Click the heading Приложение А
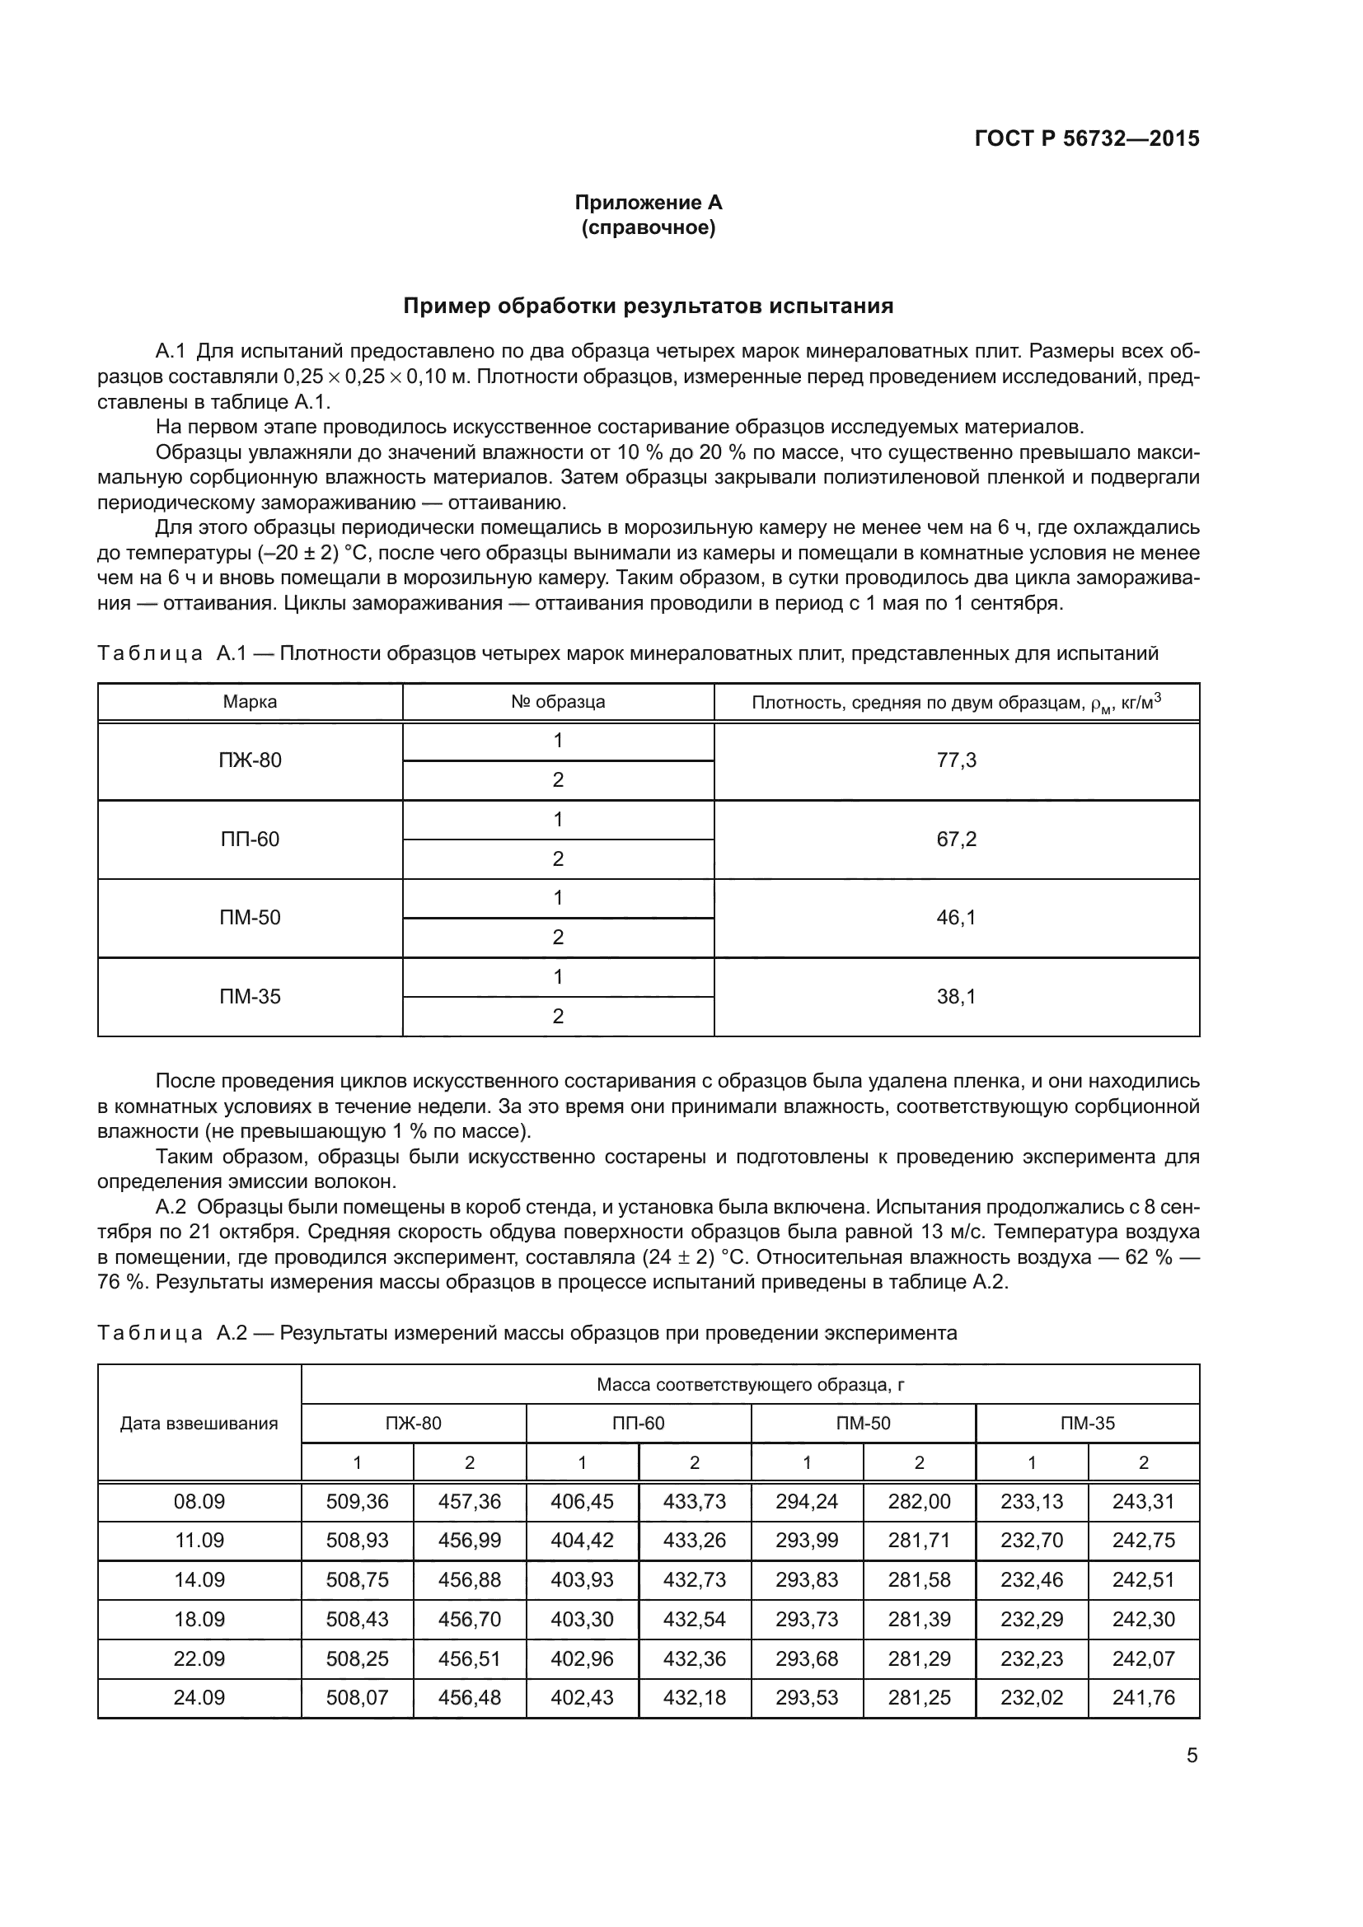click(648, 203)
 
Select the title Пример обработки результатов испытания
click(648, 306)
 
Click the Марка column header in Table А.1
click(251, 702)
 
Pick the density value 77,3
click(956, 760)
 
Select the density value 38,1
click(956, 996)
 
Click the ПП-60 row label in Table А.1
click(251, 840)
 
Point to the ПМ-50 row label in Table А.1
click(251, 917)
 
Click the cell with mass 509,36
click(358, 1502)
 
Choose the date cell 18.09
click(199, 1619)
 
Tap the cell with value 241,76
click(1143, 1697)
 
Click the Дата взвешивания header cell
click(199, 1424)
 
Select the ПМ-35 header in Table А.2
click(1088, 1424)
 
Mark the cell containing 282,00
click(919, 1502)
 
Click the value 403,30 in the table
click(582, 1619)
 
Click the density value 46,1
click(956, 917)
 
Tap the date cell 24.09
click(199, 1697)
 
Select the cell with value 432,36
click(694, 1658)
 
